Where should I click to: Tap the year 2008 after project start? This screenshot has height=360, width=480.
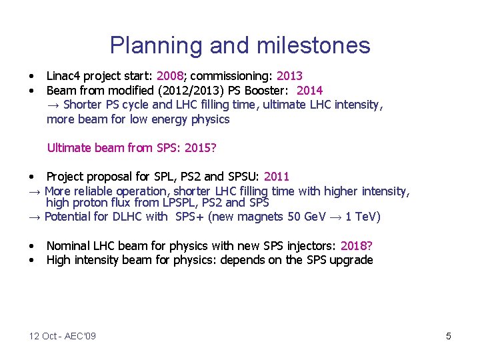[x=169, y=76]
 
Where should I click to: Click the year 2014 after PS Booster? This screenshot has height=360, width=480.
[x=309, y=90]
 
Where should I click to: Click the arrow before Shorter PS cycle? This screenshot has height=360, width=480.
[x=53, y=105]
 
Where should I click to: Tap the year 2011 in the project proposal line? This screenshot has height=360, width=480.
[x=277, y=177]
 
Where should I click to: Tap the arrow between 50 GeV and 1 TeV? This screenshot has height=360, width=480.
[x=337, y=217]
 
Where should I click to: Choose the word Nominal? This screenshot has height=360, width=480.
[x=68, y=246]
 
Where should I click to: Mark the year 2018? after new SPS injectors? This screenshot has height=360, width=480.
[x=356, y=246]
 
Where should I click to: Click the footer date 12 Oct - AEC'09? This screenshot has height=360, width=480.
[x=62, y=336]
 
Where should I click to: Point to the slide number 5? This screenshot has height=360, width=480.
[x=448, y=336]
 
